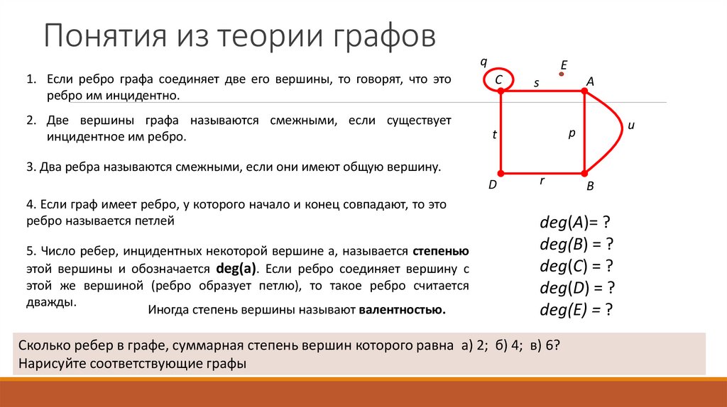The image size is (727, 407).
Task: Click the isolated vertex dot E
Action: [562, 73]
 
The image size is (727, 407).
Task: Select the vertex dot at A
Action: [584, 91]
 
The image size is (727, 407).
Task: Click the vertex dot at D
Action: [501, 173]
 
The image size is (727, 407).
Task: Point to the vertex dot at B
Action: [584, 173]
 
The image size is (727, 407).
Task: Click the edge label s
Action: [537, 84]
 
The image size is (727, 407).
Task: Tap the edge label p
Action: [571, 132]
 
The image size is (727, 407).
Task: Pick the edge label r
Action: [542, 181]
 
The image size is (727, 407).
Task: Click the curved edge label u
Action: [630, 126]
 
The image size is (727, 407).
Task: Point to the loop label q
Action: [484, 61]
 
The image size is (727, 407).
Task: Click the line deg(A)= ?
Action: [575, 223]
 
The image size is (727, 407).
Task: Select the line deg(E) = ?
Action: [576, 310]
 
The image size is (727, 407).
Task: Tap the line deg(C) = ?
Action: [576, 267]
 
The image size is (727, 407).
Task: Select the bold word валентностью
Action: [403, 310]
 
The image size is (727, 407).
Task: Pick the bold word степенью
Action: [440, 252]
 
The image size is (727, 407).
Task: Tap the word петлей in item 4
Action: [154, 221]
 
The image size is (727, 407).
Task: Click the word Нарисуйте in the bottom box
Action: [48, 363]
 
